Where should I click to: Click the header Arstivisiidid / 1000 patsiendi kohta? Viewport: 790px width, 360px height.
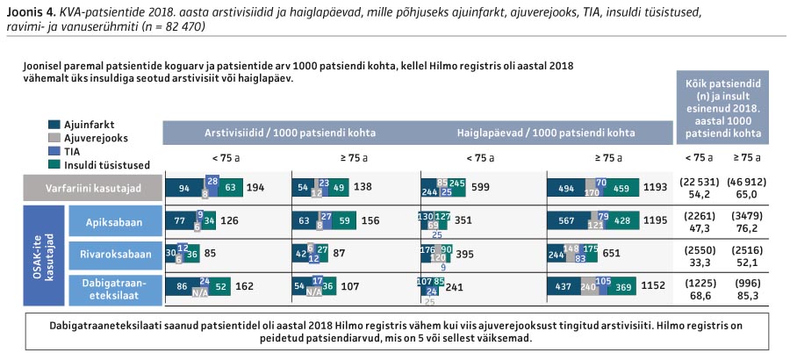click(291, 133)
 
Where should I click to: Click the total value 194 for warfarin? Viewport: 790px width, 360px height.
click(255, 188)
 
